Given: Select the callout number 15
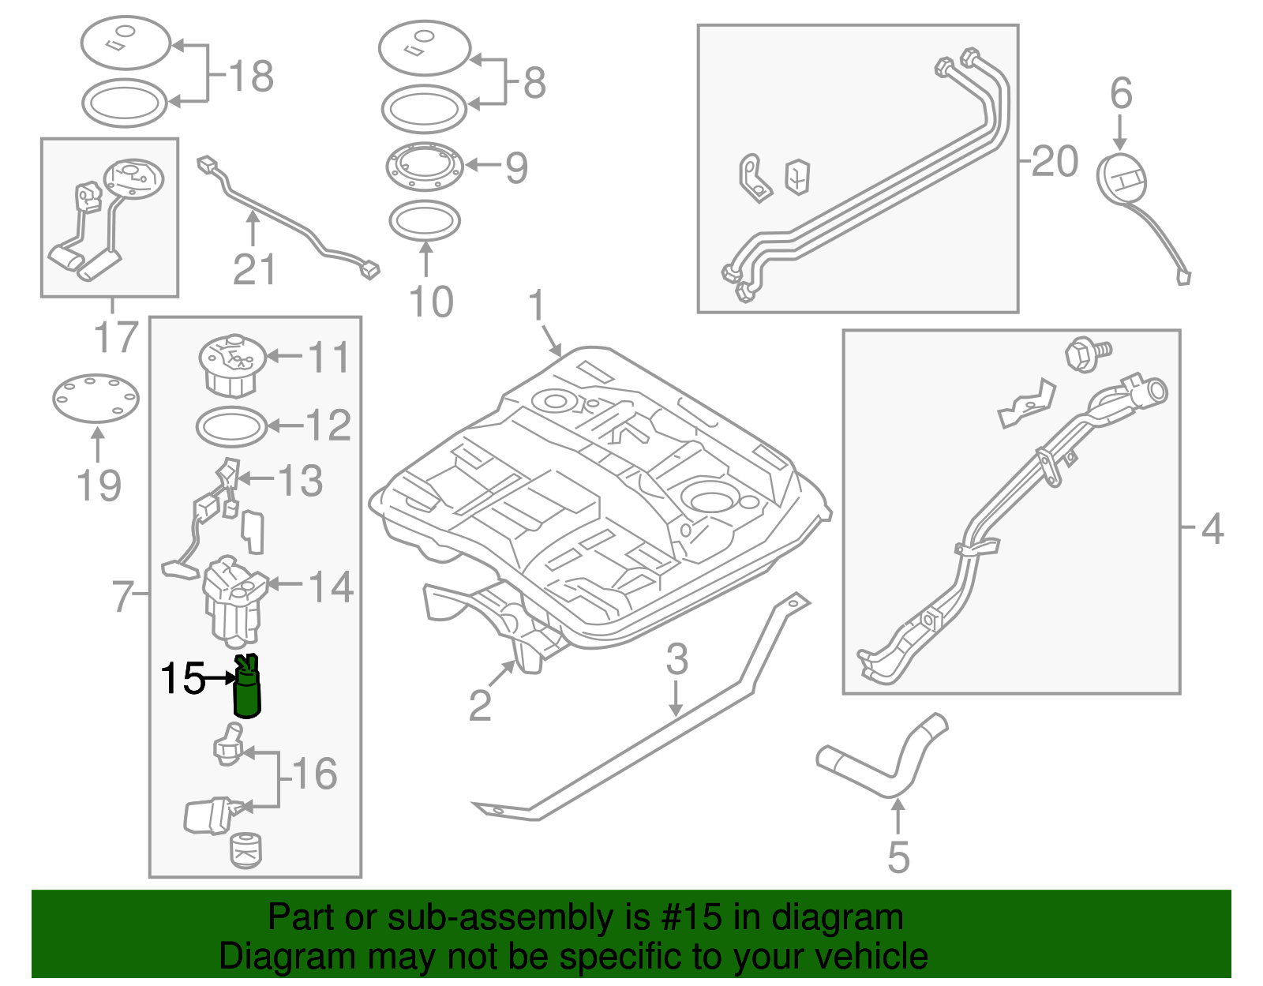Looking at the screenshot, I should point(182,679).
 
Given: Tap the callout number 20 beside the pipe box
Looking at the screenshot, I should point(1055,162).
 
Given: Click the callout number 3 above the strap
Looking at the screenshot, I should point(676,659).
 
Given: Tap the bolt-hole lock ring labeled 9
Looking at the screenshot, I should point(425,166).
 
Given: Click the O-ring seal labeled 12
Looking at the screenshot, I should point(231,427).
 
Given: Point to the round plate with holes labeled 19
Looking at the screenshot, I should point(96,398).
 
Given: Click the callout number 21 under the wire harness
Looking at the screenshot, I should point(254,270).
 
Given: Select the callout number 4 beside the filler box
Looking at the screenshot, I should point(1212,529).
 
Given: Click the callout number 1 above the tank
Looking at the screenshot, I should point(537,305).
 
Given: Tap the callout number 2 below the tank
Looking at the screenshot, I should point(480,705).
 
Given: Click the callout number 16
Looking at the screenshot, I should point(315,774).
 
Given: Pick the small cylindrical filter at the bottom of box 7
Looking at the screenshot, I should point(245,849).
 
